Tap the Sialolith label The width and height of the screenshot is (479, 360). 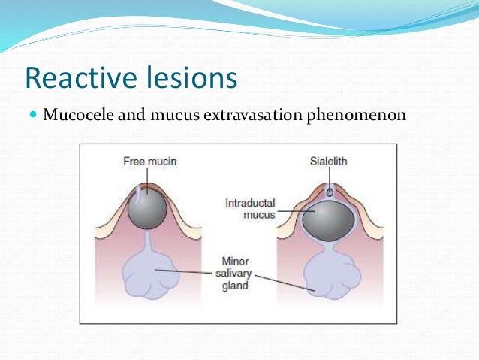pos(329,161)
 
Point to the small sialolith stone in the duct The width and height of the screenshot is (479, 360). pos(329,192)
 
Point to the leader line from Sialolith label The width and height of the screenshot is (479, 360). pos(329,177)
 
